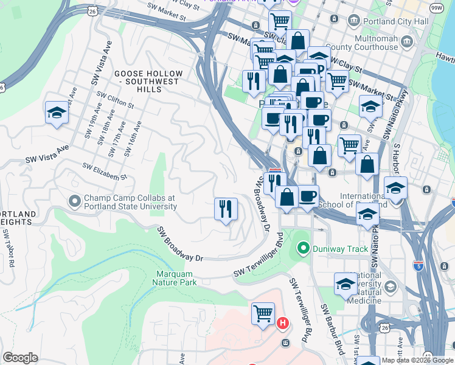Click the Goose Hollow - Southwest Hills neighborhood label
coord(147,81)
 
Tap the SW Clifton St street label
coord(116,99)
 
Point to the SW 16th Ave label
coord(131,139)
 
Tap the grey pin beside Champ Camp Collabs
coord(75,200)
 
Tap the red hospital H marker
coord(282,323)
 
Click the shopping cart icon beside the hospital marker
coord(263,314)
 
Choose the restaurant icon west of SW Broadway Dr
coord(226,209)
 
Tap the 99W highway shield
coord(436,7)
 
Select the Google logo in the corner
coord(20,358)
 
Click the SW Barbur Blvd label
coord(332,328)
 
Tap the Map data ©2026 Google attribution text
coord(417,360)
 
